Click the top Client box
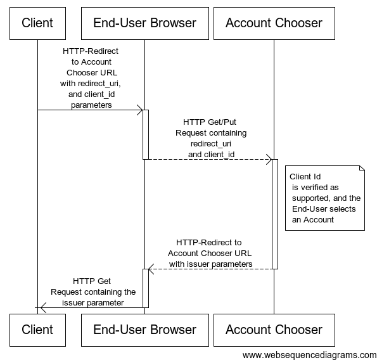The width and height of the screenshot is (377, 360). pos(37,23)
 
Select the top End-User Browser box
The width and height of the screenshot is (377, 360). pos(145,23)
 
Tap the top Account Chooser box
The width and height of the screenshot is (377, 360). pos(274,23)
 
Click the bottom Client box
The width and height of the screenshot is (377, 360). pos(37,330)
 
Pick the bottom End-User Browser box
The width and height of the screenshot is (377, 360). pos(145,330)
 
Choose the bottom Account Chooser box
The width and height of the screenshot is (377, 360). pos(274,330)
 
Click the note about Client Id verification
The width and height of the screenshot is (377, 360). pos(325,198)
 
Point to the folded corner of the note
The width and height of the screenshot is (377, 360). pos(362,168)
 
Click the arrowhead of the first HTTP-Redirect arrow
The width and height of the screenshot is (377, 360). pos(140,110)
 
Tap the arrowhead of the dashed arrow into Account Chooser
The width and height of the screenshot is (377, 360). pos(269,159)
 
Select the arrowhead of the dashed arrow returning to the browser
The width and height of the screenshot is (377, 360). pos(151,269)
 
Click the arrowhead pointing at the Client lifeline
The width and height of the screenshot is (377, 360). pos(43,307)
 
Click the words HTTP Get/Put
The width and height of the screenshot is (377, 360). pos(210,122)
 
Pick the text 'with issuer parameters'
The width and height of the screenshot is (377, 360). pos(210,264)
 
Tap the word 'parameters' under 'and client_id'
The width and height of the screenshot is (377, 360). pos(91,105)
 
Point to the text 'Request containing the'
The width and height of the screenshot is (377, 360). pos(93,292)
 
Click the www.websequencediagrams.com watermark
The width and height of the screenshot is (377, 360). pos(309,355)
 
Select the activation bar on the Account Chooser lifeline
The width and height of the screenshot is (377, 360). pos(275,214)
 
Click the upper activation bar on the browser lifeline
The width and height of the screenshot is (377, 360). pos(146,134)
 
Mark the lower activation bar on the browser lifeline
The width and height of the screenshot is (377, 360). pos(146,288)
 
